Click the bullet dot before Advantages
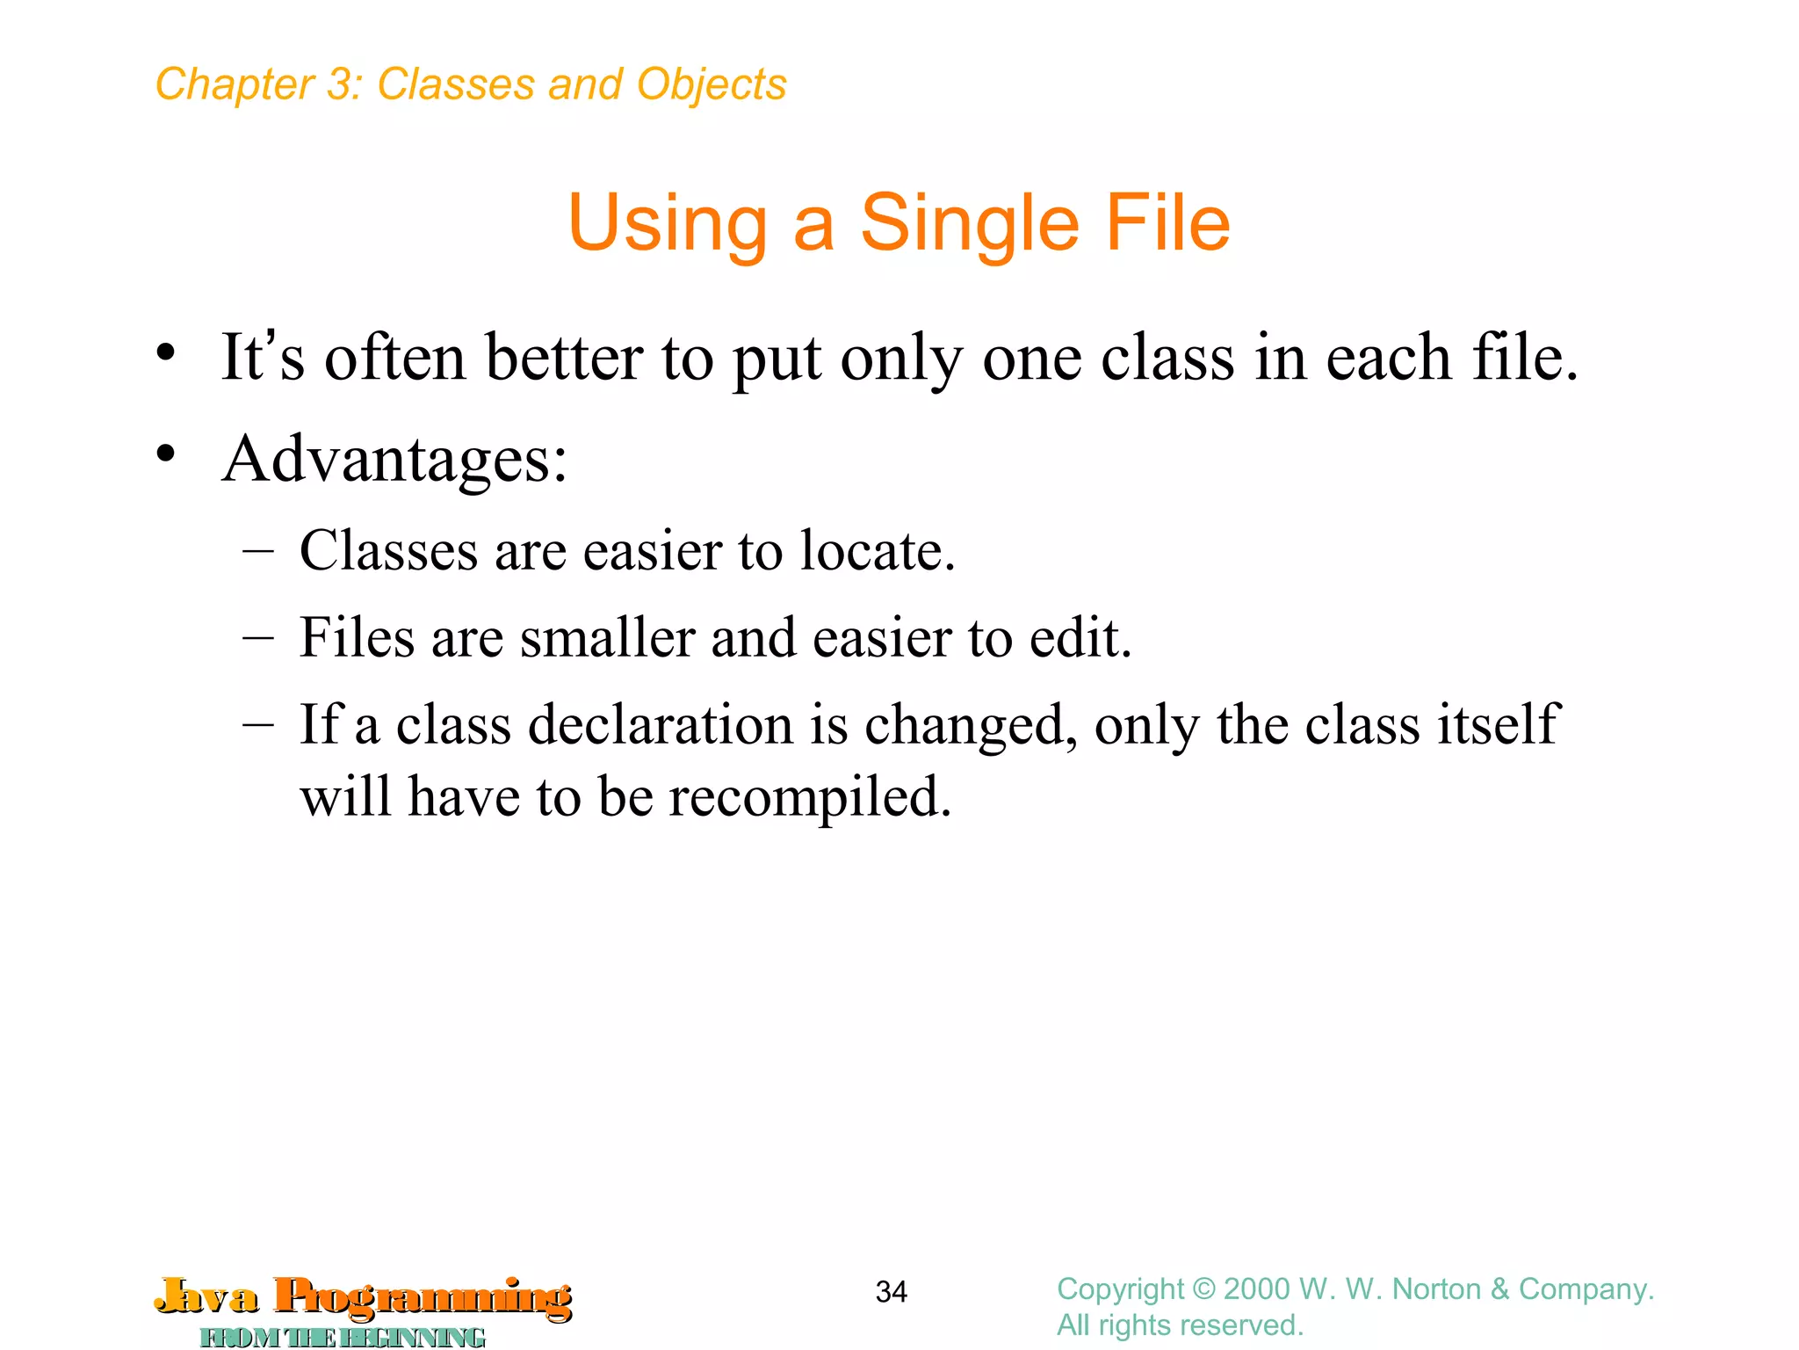coord(166,454)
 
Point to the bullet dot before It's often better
coord(166,353)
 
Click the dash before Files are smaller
coord(258,637)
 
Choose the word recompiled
coord(809,798)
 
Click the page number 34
coord(891,1291)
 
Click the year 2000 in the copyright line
coord(1257,1289)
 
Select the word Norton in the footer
coord(1436,1289)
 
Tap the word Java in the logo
coord(207,1296)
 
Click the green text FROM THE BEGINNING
coord(343,1337)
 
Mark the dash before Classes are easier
coord(258,551)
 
